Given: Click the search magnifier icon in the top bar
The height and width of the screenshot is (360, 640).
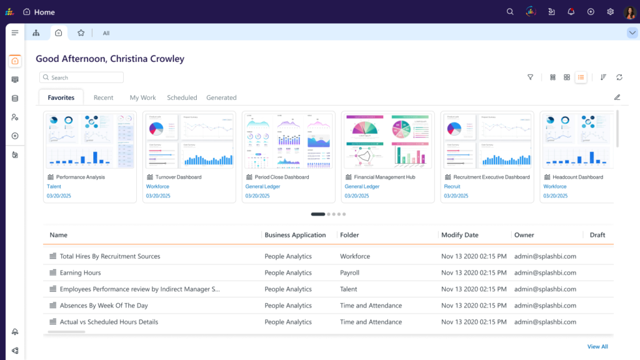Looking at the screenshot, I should (510, 12).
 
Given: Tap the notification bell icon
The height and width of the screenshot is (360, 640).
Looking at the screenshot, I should (571, 12).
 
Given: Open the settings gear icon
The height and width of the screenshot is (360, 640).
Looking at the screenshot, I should (610, 12).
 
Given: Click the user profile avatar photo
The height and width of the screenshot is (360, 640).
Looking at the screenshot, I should (630, 12).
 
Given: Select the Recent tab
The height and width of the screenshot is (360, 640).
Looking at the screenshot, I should (103, 97).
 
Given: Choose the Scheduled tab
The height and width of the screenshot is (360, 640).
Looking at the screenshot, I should (182, 97).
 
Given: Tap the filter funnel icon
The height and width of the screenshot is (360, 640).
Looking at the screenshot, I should (530, 77).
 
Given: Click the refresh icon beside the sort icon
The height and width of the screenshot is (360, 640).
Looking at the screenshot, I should (619, 77).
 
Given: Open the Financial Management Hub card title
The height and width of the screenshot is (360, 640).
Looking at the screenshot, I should (380, 177).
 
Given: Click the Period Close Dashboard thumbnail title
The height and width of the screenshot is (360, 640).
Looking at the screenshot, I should (281, 177).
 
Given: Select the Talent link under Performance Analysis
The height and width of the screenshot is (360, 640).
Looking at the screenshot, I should (54, 186).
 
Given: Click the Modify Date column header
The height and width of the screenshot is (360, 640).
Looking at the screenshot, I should (459, 235).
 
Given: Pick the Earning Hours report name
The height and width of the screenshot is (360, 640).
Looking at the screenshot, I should (80, 272).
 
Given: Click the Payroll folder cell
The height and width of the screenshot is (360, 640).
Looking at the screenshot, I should (349, 272).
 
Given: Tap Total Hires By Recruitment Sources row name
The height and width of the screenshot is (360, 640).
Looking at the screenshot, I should (109, 256).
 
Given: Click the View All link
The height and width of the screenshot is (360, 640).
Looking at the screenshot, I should (597, 346).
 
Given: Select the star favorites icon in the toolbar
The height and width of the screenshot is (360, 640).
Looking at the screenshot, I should (81, 33).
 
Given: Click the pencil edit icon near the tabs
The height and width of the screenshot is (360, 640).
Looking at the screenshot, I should (617, 97).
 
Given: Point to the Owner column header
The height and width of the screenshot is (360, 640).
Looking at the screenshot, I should (524, 235).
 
